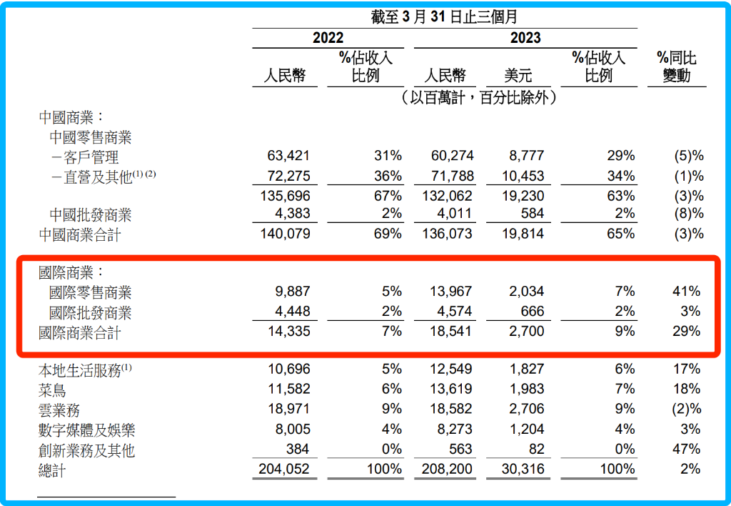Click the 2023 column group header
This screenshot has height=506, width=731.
tap(525, 38)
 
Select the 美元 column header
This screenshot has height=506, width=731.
tap(518, 76)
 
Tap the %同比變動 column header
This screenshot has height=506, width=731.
tap(676, 66)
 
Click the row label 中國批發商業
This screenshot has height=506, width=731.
tap(91, 214)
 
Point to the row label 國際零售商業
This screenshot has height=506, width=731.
tap(91, 292)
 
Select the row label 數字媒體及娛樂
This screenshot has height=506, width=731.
tap(87, 430)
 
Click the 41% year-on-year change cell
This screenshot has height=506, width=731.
tap(685, 292)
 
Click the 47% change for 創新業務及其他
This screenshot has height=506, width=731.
tap(685, 450)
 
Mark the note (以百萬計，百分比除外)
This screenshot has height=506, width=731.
tap(478, 98)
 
